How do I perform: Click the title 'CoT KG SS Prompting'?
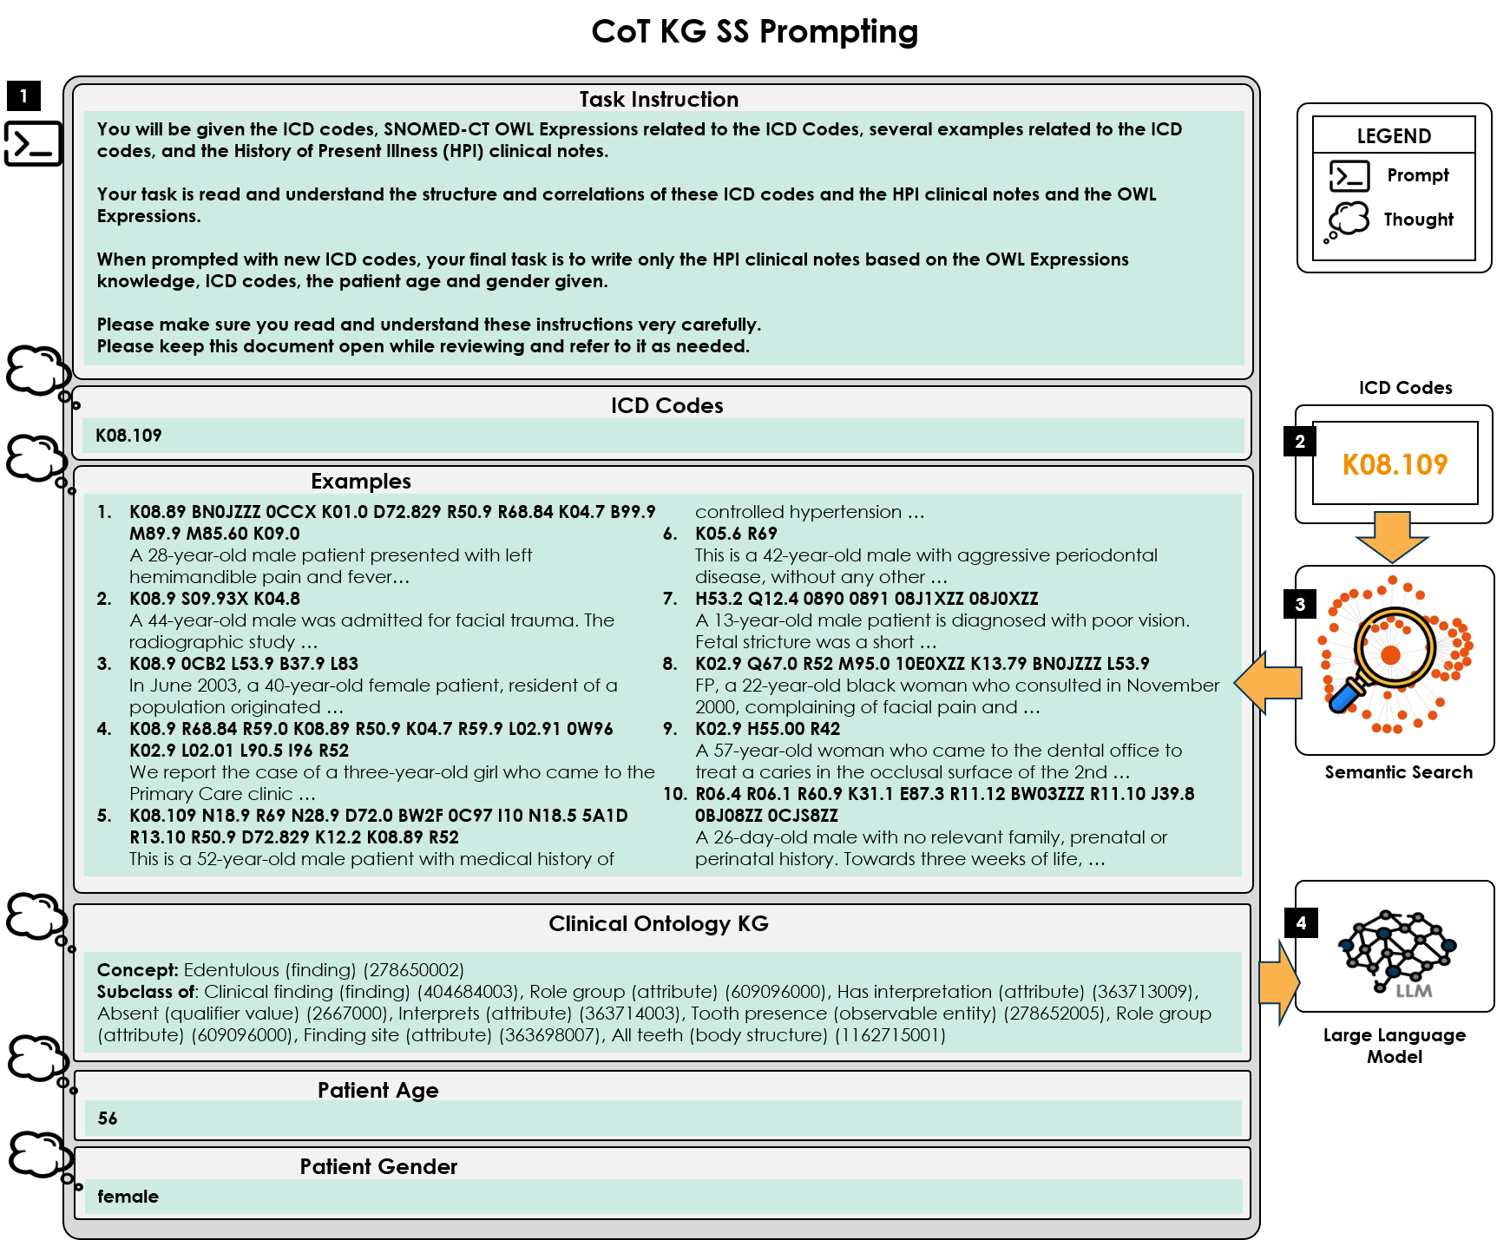pyautogui.click(x=754, y=31)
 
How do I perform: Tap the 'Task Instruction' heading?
pyautogui.click(x=659, y=100)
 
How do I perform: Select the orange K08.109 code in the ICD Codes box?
pyautogui.click(x=1395, y=465)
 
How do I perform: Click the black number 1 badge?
pyautogui.click(x=23, y=95)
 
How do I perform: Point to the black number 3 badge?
pyautogui.click(x=1300, y=604)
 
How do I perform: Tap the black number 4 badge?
pyautogui.click(x=1300, y=922)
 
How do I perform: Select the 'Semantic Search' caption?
pyautogui.click(x=1398, y=772)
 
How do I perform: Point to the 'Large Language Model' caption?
pyautogui.click(x=1394, y=1046)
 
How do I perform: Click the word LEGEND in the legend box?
pyautogui.click(x=1394, y=136)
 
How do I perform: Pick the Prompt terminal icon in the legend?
pyautogui.click(x=1349, y=176)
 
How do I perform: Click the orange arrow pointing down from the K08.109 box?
pyautogui.click(x=1392, y=537)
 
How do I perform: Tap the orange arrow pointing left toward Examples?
pyautogui.click(x=1268, y=682)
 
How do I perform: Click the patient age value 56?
pyautogui.click(x=108, y=1119)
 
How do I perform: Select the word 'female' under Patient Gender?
pyautogui.click(x=128, y=1197)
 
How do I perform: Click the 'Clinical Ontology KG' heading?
pyautogui.click(x=659, y=924)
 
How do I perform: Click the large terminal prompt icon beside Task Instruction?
pyautogui.click(x=33, y=143)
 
